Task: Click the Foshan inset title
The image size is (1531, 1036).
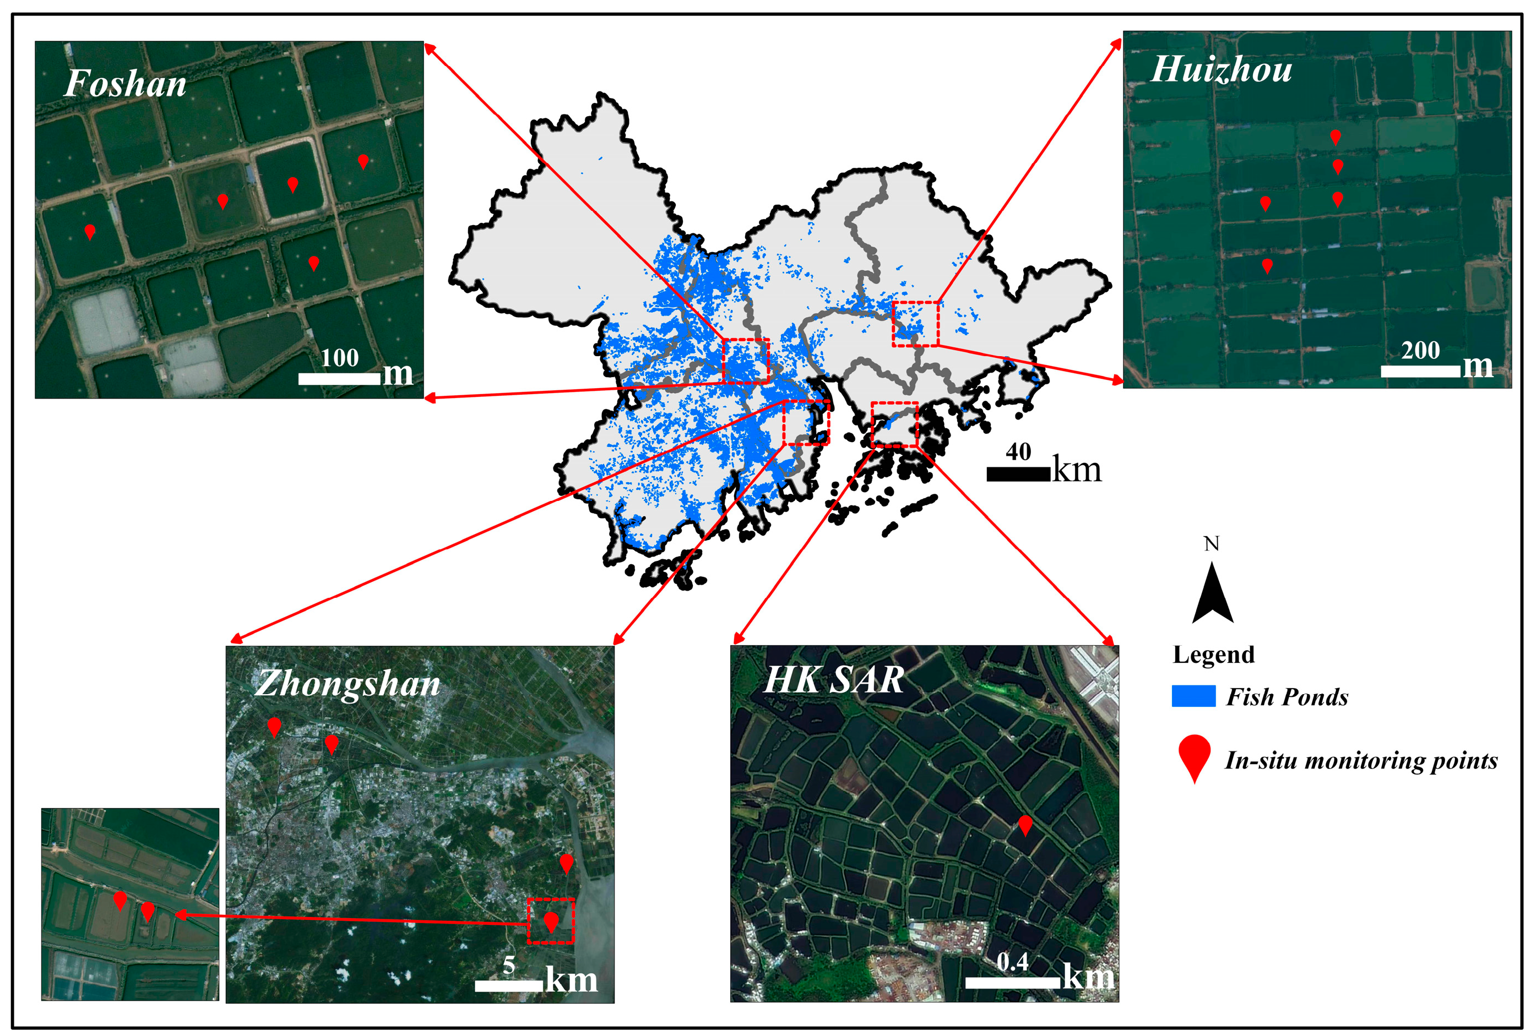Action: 125,84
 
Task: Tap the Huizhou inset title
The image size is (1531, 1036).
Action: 1221,69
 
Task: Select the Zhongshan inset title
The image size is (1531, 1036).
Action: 347,684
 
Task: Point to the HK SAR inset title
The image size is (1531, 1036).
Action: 833,680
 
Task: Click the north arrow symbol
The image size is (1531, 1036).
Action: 1212,593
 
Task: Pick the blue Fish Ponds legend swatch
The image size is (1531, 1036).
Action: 1193,696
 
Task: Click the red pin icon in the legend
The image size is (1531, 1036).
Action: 1195,757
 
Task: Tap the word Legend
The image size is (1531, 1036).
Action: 1213,655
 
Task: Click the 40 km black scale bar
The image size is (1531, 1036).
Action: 1018,474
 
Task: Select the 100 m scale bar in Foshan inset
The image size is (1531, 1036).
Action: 339,378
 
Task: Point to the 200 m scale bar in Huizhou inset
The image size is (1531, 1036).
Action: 1420,371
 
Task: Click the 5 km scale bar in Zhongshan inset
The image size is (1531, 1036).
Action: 508,985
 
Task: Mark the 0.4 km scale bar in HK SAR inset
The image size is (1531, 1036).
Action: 1013,982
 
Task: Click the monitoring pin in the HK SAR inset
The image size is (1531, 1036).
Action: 1024,825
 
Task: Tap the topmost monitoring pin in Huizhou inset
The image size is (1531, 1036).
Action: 1335,137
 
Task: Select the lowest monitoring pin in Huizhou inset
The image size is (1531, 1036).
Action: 1266,265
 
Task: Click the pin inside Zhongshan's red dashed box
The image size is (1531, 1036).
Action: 551,922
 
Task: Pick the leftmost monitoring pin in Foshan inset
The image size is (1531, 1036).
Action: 90,231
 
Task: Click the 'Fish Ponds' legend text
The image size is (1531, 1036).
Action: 1286,697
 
